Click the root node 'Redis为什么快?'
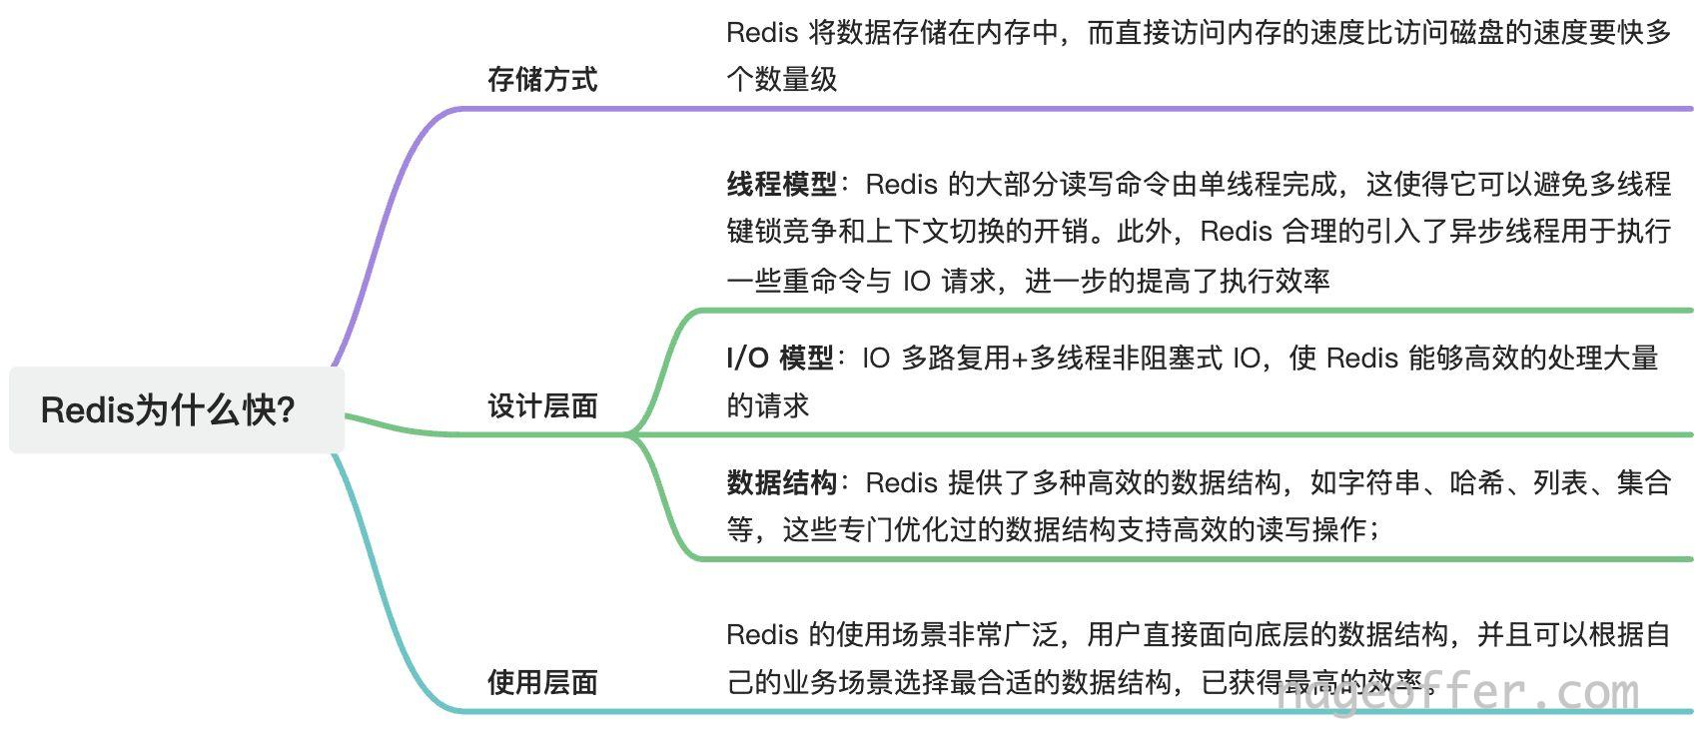pyautogui.click(x=176, y=409)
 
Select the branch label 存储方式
pyautogui.click(x=542, y=79)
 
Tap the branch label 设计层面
pyautogui.click(x=542, y=405)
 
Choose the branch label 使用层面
pyautogui.click(x=542, y=682)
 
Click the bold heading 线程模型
pyautogui.click(x=782, y=184)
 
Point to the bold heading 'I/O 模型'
pyautogui.click(x=779, y=358)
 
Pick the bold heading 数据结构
pyautogui.click(x=782, y=481)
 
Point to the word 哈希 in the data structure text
pyautogui.click(x=1477, y=481)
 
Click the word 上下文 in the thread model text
pyautogui.click(x=908, y=231)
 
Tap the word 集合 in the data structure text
pyautogui.click(x=1644, y=481)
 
